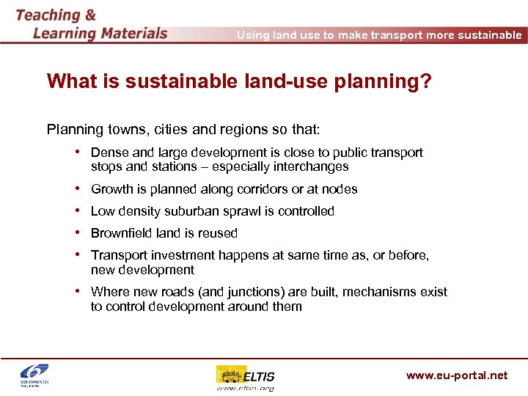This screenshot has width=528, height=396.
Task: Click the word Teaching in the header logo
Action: (48, 15)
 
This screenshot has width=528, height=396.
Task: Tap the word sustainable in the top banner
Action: (488, 35)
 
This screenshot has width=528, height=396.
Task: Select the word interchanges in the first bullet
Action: (312, 166)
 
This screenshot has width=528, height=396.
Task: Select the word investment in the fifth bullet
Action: (176, 255)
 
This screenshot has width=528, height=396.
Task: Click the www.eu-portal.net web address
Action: (456, 375)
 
